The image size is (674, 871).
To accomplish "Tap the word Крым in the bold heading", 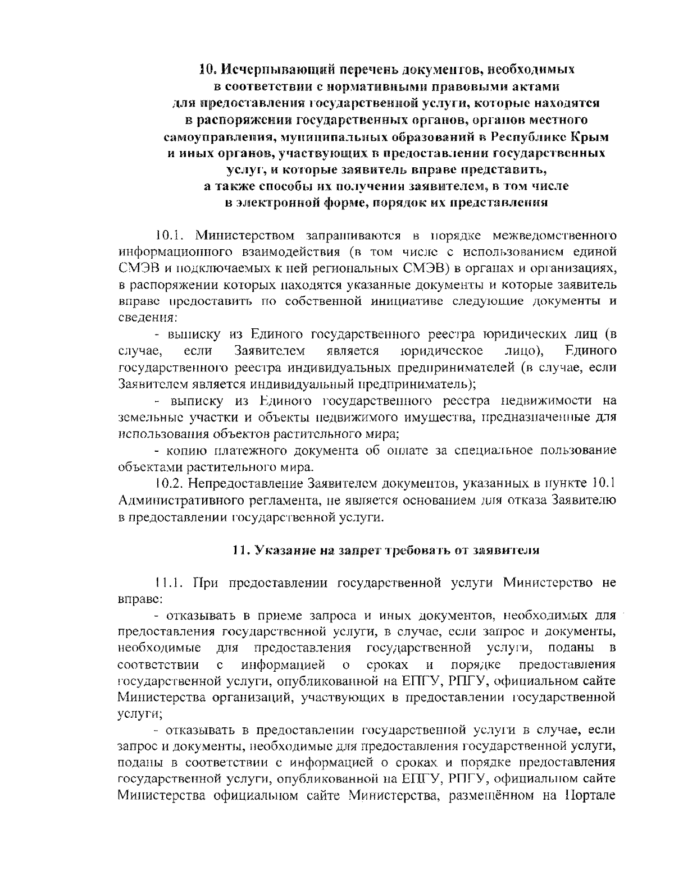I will pos(589,136).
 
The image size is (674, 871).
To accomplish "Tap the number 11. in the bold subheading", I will pos(241,550).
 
